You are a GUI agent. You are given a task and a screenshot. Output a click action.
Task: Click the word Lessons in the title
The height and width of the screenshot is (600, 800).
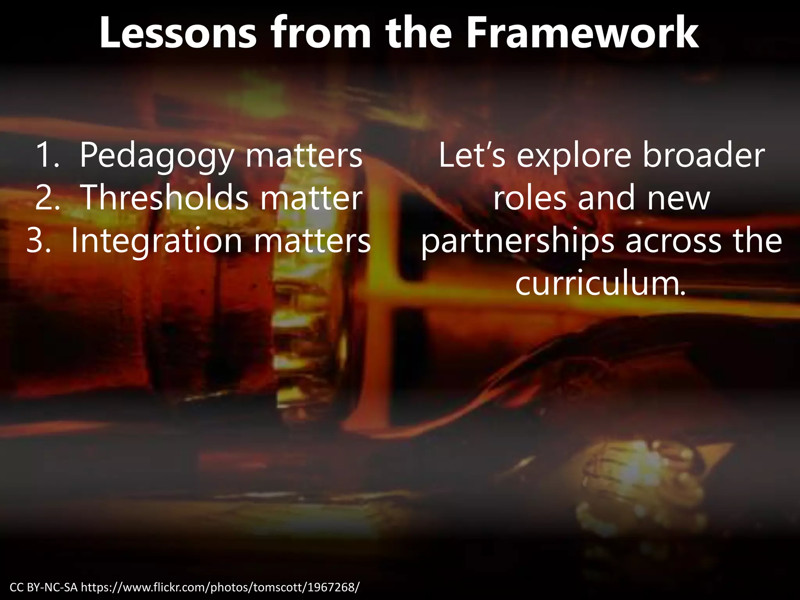tap(178, 34)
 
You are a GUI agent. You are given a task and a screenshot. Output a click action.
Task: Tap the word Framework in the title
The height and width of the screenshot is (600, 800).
tap(582, 34)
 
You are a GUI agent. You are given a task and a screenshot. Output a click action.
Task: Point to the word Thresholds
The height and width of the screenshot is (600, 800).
tap(164, 198)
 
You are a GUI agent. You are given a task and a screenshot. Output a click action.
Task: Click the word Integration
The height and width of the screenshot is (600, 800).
tap(157, 241)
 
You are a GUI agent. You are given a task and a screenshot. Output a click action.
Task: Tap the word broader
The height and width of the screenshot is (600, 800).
tap(703, 155)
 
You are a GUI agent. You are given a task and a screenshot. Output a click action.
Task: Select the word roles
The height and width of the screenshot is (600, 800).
tap(530, 198)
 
